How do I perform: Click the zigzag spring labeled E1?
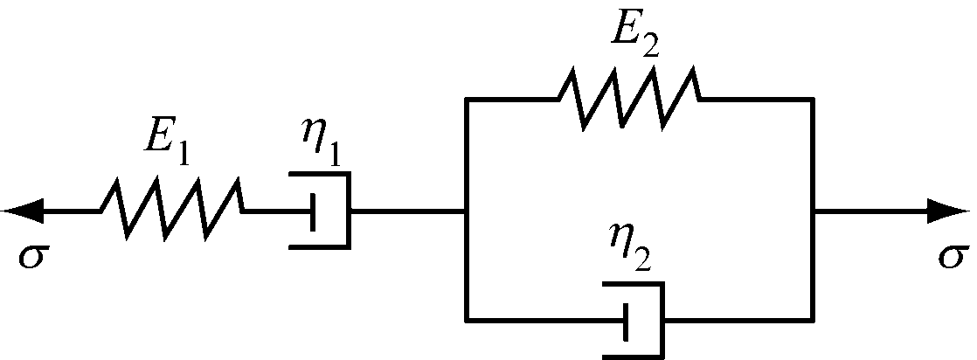click(171, 211)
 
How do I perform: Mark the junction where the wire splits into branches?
click(467, 211)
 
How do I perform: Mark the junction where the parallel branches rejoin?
click(814, 211)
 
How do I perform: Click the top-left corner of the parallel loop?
click(467, 100)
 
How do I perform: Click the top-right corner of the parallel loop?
click(814, 100)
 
